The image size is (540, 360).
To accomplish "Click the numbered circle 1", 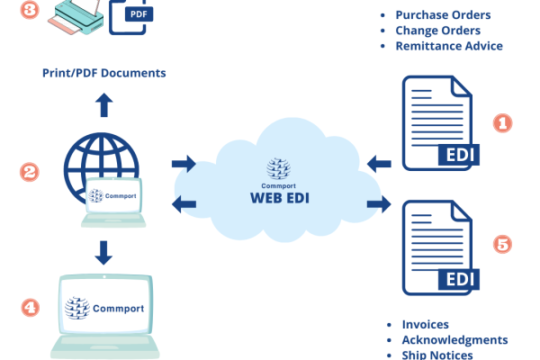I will pos(502,123).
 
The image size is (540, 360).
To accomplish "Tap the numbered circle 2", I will pos(30,170).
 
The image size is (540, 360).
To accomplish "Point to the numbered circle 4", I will pos(30,307).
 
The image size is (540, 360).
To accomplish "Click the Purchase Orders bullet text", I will pos(443,15).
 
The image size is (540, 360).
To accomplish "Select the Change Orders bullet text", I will pos(435,31).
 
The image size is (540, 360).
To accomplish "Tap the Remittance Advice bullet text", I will pos(449,46).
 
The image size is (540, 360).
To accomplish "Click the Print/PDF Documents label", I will pos(104,72).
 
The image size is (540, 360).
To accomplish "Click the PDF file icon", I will pos(127,15).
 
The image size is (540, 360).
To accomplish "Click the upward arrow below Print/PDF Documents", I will pos(103,104).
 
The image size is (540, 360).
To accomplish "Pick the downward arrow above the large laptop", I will pos(103,251).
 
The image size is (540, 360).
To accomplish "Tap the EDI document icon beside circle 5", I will pos(439,248).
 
